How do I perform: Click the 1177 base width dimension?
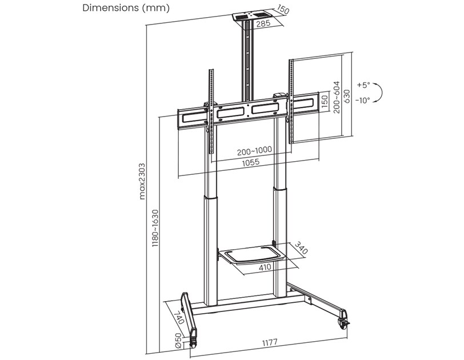[270, 342]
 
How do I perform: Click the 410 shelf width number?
[264, 267]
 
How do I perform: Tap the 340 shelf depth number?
[301, 249]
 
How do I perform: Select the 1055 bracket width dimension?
[249, 162]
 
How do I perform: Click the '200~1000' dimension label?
[254, 150]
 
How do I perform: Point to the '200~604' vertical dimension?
[337, 97]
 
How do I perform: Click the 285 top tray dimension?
[263, 23]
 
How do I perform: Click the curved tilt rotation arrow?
[382, 92]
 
